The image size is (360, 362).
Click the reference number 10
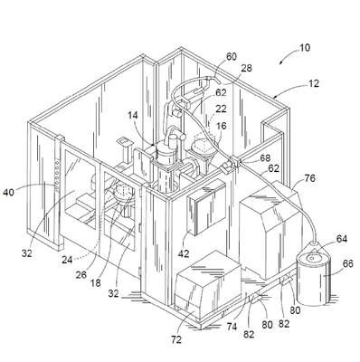tap(305, 48)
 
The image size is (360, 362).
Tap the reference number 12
tap(313, 83)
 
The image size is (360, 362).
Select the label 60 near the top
tap(232, 57)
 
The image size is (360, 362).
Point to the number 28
tap(246, 69)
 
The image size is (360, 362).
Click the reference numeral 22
tap(221, 109)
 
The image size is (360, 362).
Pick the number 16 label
tap(222, 126)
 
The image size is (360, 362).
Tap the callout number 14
tap(133, 115)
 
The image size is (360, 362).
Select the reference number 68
tap(265, 158)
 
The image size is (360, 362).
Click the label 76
tap(309, 178)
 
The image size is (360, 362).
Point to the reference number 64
tap(342, 239)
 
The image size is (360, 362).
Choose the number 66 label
tap(347, 263)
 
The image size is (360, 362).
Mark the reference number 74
tap(232, 327)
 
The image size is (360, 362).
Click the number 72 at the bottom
tap(176, 339)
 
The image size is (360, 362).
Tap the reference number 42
tap(184, 253)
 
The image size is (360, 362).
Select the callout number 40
tap(9, 192)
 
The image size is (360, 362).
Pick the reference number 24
tap(67, 260)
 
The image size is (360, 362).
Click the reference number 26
tap(81, 275)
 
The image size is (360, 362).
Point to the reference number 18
tap(96, 283)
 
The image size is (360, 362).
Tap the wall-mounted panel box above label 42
tap(206, 209)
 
